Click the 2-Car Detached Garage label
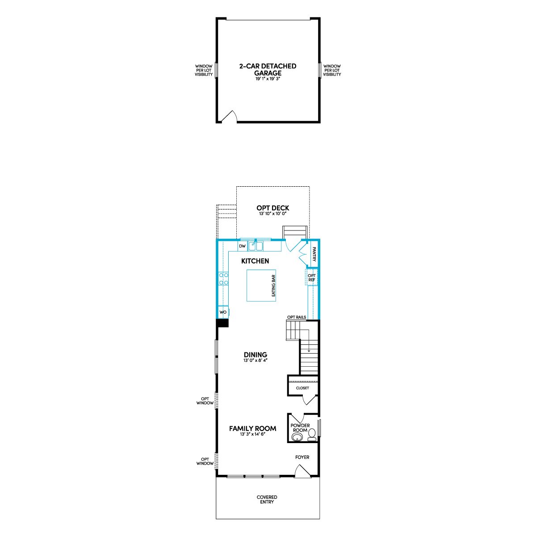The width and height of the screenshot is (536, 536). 268,70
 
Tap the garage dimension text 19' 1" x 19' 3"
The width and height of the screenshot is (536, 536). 268,79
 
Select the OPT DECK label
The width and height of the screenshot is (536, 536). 272,208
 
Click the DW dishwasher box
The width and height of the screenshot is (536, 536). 242,246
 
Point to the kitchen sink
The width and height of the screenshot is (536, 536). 255,246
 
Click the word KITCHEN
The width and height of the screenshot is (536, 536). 255,261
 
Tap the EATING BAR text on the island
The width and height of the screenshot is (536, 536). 273,286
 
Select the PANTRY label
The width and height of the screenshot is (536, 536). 314,255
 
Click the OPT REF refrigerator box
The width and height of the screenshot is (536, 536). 311,277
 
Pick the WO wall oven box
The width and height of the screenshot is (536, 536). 223,312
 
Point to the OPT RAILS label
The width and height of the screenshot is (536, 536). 297,317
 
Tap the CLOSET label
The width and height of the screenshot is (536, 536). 302,388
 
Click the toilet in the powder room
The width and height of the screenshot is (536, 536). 312,435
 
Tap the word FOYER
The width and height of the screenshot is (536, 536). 302,457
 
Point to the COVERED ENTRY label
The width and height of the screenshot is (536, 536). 267,499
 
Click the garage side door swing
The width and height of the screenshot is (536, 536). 230,116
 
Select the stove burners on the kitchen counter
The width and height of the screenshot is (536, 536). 224,279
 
